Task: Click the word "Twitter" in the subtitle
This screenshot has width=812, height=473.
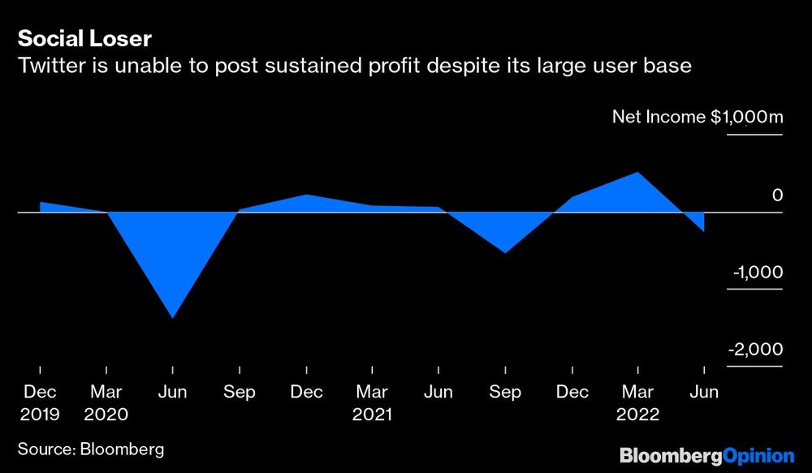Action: (x=49, y=65)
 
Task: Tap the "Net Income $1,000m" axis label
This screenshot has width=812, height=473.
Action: (x=697, y=117)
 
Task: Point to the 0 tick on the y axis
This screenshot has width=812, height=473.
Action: (x=777, y=195)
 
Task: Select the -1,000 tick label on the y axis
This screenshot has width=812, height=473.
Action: (x=757, y=272)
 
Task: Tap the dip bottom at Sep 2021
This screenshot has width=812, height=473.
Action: (x=505, y=253)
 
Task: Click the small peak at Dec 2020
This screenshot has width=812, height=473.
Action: (x=306, y=195)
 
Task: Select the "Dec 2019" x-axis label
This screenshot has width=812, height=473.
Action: (x=40, y=403)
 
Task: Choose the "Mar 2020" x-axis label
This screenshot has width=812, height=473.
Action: (x=106, y=403)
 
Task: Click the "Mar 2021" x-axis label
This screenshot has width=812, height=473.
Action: (x=372, y=403)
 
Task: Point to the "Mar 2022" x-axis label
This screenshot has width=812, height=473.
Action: (x=637, y=403)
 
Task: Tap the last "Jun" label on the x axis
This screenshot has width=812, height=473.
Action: (x=704, y=393)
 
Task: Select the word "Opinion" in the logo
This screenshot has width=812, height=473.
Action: (x=758, y=455)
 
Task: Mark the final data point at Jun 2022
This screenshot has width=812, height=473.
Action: (x=703, y=231)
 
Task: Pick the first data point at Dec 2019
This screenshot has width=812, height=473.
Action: (x=41, y=202)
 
